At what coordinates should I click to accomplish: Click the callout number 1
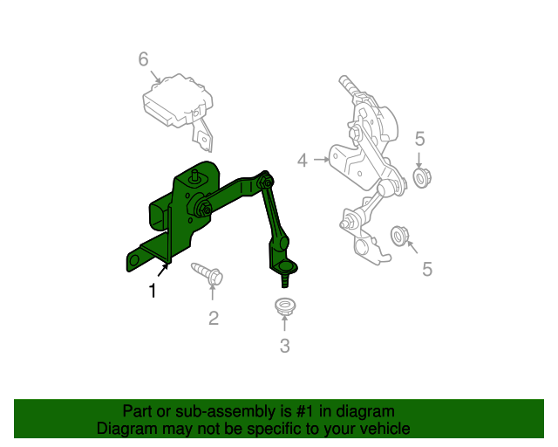[153, 292]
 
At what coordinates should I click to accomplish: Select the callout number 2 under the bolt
[214, 318]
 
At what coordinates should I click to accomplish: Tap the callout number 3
[284, 346]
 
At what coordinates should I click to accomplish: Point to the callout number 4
[303, 160]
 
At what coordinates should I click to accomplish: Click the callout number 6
[143, 58]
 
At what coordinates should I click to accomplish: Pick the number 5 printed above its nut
[419, 138]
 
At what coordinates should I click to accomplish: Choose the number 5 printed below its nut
[427, 269]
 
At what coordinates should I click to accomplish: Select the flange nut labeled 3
[284, 306]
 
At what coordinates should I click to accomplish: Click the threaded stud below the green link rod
[285, 280]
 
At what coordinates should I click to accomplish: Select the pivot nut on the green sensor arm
[203, 210]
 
